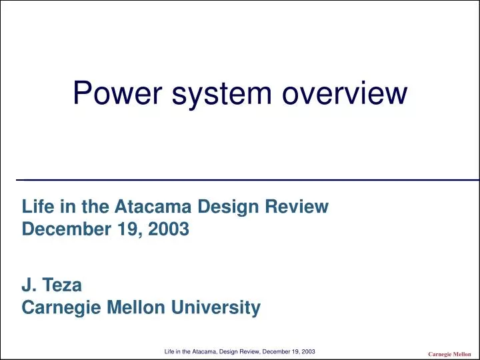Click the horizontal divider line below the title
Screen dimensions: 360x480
tap(247, 180)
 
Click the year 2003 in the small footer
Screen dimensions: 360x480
tap(308, 351)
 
